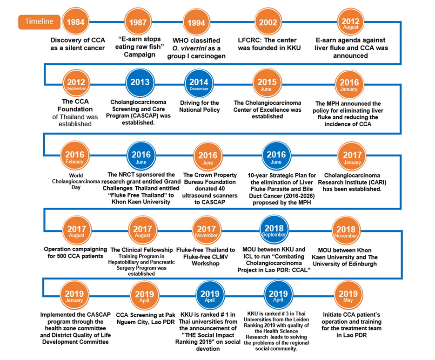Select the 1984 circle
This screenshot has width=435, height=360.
click(x=76, y=21)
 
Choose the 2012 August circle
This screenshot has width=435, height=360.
click(x=350, y=22)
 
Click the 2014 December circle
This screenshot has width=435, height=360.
click(x=199, y=83)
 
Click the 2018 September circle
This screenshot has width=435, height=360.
click(x=273, y=230)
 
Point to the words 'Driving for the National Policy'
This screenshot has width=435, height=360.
click(x=199, y=106)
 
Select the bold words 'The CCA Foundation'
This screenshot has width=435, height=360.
click(x=76, y=105)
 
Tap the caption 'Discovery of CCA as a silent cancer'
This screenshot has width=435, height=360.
click(x=76, y=44)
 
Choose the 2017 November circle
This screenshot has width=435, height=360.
click(x=206, y=231)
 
